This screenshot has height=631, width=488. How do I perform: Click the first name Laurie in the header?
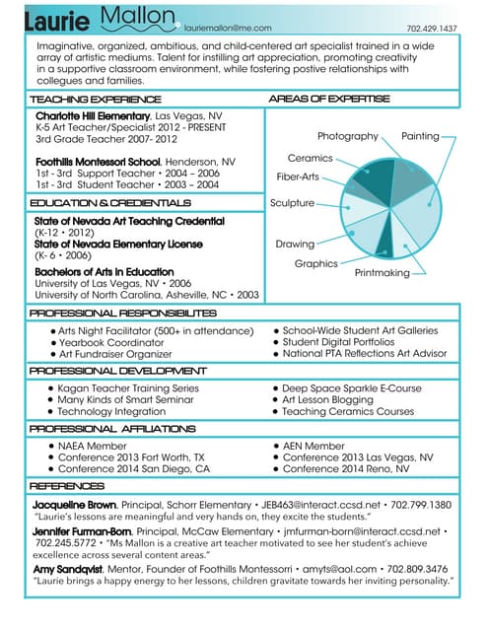click(x=58, y=22)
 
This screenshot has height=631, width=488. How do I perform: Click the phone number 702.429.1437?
click(x=432, y=30)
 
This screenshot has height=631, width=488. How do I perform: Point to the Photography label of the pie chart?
click(x=348, y=136)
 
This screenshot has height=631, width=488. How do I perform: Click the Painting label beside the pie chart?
click(x=421, y=136)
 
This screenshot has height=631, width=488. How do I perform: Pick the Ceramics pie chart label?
click(x=310, y=158)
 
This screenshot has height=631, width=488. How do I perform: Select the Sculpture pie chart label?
click(x=292, y=203)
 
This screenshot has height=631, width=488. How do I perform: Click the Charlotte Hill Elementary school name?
click(x=95, y=116)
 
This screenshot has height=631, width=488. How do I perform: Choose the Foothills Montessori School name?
click(x=98, y=162)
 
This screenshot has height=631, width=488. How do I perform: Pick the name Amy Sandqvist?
click(x=68, y=570)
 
